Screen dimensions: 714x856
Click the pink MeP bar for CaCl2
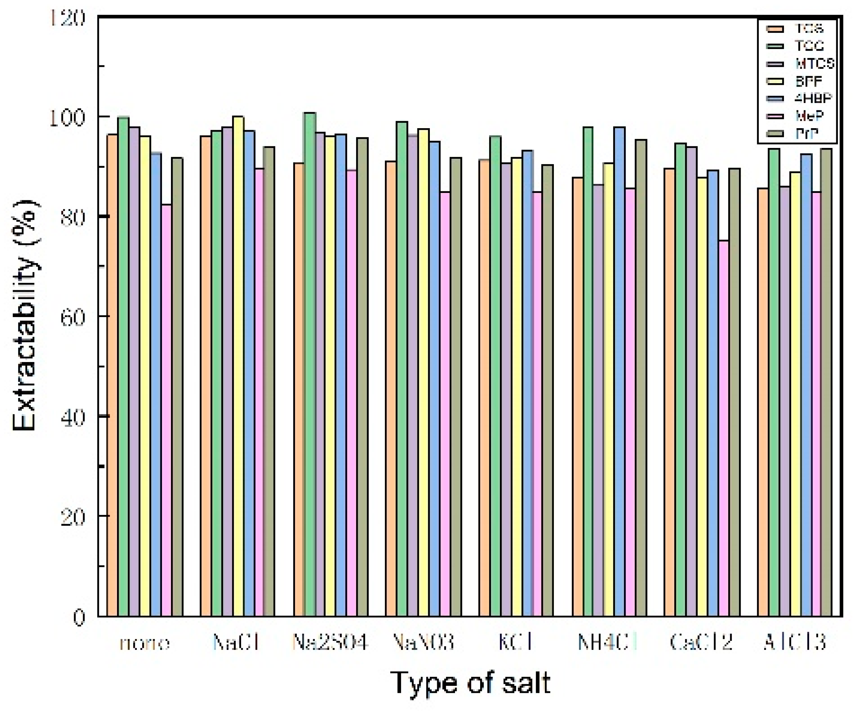(724, 428)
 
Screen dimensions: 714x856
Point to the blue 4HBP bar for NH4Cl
(620, 372)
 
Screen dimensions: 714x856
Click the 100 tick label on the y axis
(67, 117)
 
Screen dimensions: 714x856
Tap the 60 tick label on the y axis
(72, 317)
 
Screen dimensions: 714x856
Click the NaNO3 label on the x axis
(423, 643)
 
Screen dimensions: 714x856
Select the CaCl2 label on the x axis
(701, 643)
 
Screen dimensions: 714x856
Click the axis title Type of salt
(471, 682)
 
